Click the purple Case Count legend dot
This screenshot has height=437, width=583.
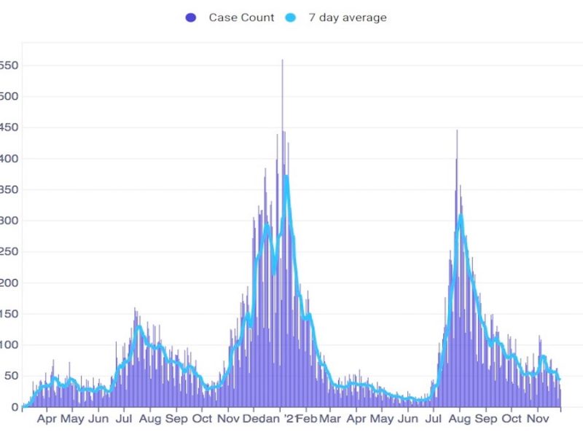pos(191,17)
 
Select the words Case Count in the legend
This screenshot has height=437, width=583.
pos(241,17)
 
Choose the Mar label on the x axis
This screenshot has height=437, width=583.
pos(330,420)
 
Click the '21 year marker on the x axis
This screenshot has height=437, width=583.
pos(289,419)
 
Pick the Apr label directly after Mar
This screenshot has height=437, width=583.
pos(356,420)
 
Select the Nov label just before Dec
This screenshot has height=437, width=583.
pos(229,420)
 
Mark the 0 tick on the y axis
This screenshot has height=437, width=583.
pos(14,406)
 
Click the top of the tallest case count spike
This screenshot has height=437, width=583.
pos(282,60)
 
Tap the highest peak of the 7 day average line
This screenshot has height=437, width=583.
pos(286,176)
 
